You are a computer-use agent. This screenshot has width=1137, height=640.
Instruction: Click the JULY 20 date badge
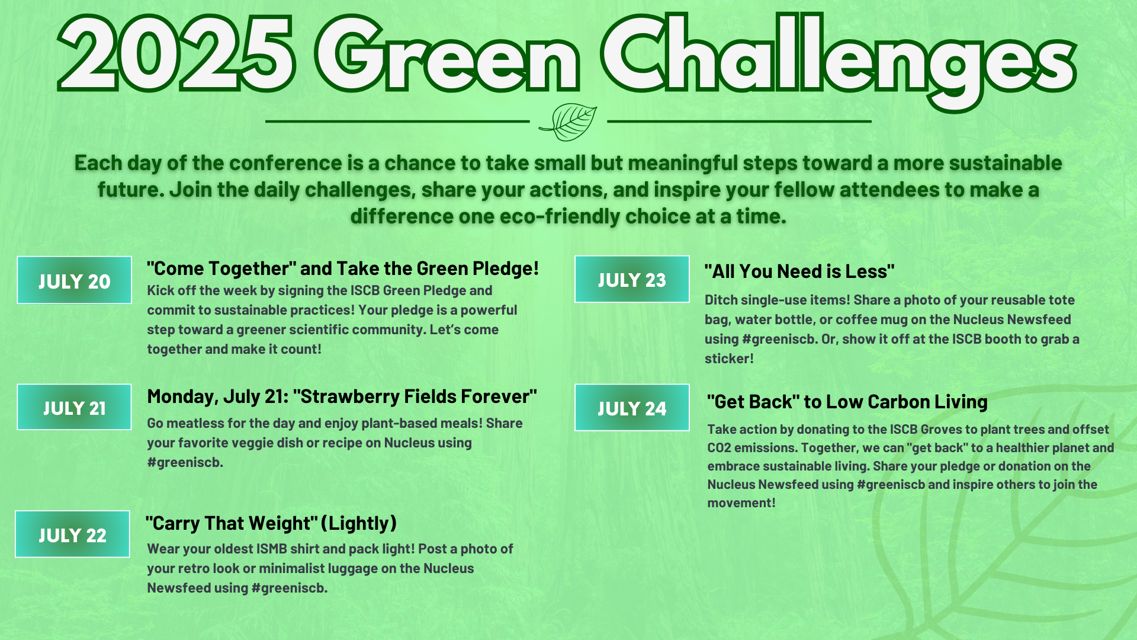tap(74, 280)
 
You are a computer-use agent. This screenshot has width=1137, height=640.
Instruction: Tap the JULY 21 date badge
tap(74, 407)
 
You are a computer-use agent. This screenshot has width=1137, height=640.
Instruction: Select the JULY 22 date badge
tap(72, 534)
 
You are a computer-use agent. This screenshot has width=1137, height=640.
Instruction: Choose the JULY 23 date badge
tap(632, 279)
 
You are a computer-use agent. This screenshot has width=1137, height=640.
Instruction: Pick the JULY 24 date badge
tap(632, 408)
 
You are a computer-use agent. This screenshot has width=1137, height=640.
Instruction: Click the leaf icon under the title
tap(568, 122)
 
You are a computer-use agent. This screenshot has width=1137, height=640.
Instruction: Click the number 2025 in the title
tap(176, 55)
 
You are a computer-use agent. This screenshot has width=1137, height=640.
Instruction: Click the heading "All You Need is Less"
tap(799, 271)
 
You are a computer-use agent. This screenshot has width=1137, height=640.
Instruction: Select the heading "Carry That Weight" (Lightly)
tap(271, 523)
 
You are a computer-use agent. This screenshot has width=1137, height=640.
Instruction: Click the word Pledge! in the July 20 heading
tap(506, 268)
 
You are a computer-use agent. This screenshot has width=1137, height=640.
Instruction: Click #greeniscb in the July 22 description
tap(289, 588)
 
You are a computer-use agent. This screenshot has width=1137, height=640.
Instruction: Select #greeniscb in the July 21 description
tap(185, 462)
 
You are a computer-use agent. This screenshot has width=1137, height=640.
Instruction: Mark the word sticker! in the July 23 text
tap(729, 359)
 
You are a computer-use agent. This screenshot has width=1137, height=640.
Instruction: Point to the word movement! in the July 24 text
tap(741, 503)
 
